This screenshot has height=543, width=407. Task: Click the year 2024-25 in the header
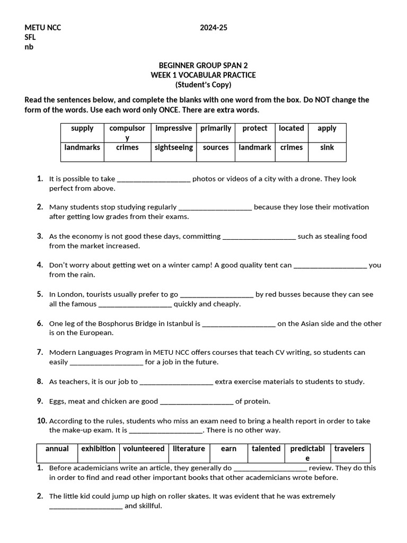point(214,28)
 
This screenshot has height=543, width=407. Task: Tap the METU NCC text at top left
point(43,28)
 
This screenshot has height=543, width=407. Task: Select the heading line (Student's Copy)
point(203,85)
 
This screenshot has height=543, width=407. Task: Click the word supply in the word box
point(82,128)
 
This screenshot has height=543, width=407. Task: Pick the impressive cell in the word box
point(173,128)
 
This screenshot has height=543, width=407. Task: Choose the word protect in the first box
point(255,128)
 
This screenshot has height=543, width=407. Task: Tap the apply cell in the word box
point(327,128)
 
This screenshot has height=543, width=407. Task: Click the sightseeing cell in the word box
point(173,147)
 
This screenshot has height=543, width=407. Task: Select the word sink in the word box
point(327,147)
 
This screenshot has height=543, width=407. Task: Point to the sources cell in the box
point(216,147)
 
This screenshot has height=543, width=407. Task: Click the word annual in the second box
point(57,449)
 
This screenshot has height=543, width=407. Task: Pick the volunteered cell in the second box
point(144,449)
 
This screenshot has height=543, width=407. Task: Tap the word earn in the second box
point(228,449)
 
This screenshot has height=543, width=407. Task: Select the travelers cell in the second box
point(349,449)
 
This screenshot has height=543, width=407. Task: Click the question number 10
point(42,421)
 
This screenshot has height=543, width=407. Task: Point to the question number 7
point(40,352)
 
